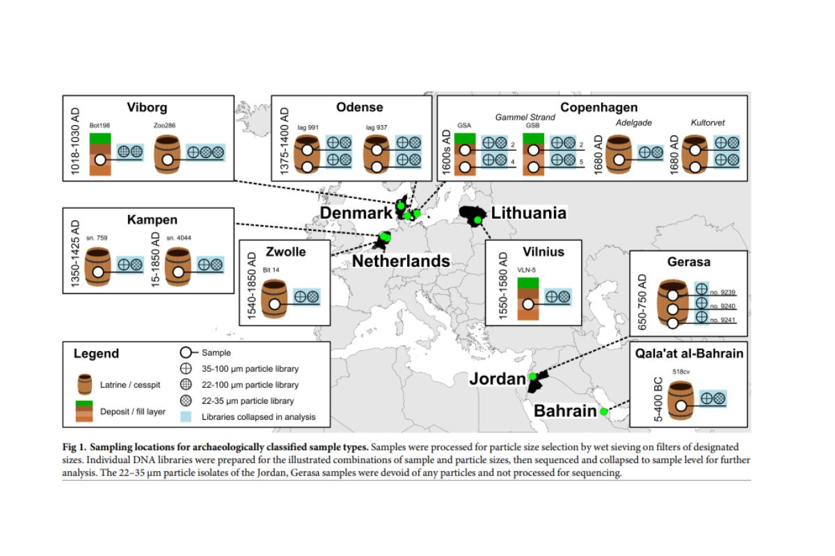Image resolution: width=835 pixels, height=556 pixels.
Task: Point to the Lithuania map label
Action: pyautogui.click(x=528, y=213)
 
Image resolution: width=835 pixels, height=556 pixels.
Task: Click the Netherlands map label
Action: pyautogui.click(x=401, y=261)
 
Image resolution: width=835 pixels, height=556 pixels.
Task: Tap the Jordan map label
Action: pyautogui.click(x=497, y=379)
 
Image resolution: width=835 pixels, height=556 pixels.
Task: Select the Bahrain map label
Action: pyautogui.click(x=564, y=411)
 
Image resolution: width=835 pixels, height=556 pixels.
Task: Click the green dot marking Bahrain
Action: pyautogui.click(x=603, y=412)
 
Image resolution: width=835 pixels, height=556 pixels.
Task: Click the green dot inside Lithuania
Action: pyautogui.click(x=478, y=220)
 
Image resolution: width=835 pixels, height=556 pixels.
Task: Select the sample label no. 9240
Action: pyautogui.click(x=723, y=306)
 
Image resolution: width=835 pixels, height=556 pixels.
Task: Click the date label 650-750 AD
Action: pyautogui.click(x=642, y=301)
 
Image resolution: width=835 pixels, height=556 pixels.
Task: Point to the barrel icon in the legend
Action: pyautogui.click(x=86, y=384)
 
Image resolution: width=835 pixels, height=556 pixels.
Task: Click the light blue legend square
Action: pyautogui.click(x=186, y=417)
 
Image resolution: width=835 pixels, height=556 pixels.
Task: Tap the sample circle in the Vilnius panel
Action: pyautogui.click(x=529, y=303)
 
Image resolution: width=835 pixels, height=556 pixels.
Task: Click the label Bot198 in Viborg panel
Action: pyautogui.click(x=100, y=125)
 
